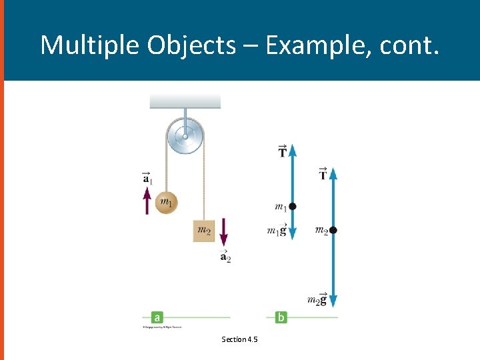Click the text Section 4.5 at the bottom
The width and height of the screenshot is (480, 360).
point(240,339)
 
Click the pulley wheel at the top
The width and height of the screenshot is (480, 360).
point(185,137)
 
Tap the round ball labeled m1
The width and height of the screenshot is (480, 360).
point(167,202)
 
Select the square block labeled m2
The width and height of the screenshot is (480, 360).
point(205,231)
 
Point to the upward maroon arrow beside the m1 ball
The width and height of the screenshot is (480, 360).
point(147,199)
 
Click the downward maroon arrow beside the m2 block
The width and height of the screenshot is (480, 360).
point(224,233)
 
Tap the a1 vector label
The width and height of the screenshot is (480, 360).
point(147,177)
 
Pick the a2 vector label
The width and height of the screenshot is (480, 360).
point(225,257)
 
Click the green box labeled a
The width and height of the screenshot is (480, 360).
point(157,317)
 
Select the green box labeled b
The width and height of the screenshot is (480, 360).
point(281,317)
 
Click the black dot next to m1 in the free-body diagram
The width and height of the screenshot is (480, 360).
point(293,207)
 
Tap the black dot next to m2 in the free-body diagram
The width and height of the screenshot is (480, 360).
point(333,230)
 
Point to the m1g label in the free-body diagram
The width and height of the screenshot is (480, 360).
point(277,230)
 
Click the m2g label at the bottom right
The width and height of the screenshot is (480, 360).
point(317,299)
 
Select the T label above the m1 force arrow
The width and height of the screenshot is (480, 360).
point(283,151)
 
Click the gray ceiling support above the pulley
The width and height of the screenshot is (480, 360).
point(185,101)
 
